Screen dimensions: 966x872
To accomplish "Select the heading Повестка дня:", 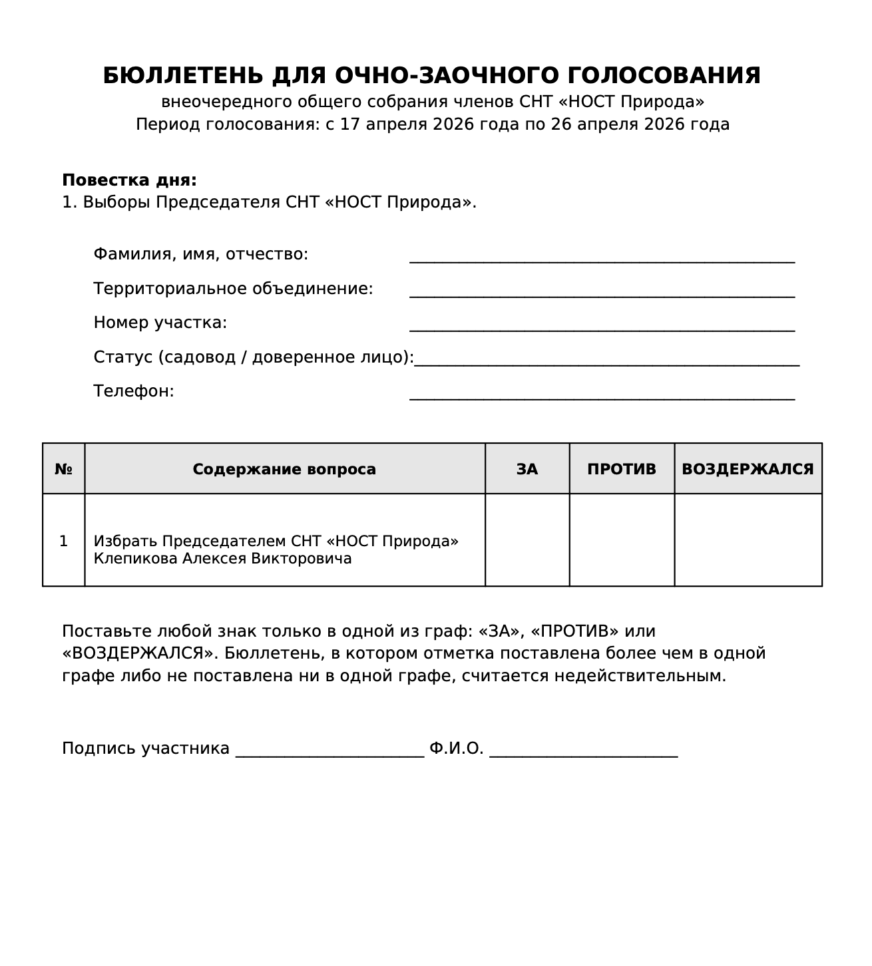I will (129, 180).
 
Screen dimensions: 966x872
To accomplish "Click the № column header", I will (63, 469).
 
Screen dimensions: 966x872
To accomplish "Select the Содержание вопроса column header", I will (284, 469).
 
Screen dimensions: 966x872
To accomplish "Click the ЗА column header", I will (527, 469).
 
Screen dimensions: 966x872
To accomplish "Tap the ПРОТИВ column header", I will (621, 469).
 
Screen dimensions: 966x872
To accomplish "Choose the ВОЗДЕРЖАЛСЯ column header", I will (748, 469).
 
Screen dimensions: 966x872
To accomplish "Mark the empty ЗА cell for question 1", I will (527, 540).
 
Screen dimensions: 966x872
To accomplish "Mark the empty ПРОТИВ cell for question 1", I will (621, 540).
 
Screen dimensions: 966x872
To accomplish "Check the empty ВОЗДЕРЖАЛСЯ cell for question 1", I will (748, 540).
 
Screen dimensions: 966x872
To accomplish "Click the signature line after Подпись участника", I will (329, 751).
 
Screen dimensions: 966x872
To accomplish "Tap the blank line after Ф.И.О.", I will (583, 751).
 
